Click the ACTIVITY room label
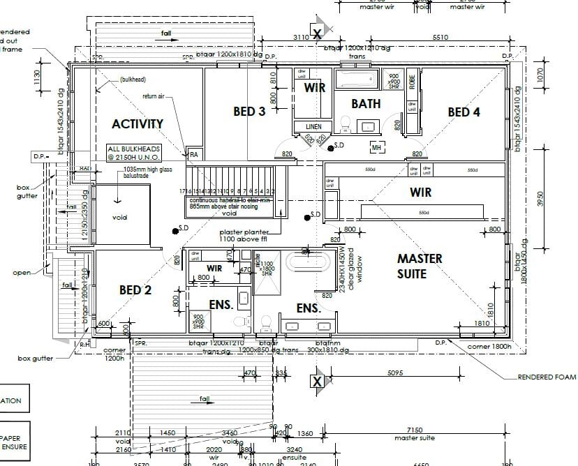(x=138, y=124)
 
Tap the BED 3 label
(x=249, y=112)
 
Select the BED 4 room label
(x=464, y=112)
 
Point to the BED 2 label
(x=135, y=290)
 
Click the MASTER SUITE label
(x=420, y=266)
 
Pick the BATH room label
(x=366, y=104)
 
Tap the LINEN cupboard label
(x=313, y=126)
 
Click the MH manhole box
(x=376, y=148)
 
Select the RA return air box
(x=193, y=155)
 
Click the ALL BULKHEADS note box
(x=134, y=153)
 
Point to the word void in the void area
(x=120, y=217)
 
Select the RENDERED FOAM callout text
(x=547, y=377)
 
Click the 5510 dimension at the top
(x=440, y=37)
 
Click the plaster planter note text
(x=249, y=235)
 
